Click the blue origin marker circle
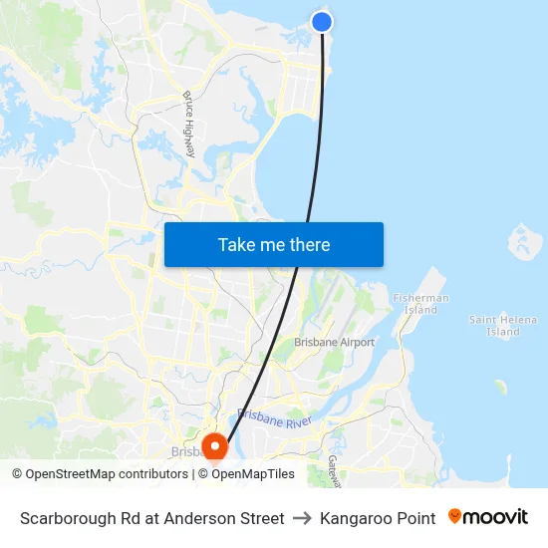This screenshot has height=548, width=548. click(321, 21)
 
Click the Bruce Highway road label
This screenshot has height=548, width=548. click(189, 125)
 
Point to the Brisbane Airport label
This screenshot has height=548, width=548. click(334, 342)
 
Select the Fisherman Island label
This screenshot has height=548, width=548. click(420, 303)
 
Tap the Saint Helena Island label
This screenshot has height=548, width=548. click(495, 325)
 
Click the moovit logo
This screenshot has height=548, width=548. click(487, 517)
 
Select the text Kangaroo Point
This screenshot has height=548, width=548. click(378, 518)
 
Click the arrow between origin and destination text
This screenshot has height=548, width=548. click(302, 518)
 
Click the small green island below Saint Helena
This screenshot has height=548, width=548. click(499, 386)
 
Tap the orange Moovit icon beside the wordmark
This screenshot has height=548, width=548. click(455, 516)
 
